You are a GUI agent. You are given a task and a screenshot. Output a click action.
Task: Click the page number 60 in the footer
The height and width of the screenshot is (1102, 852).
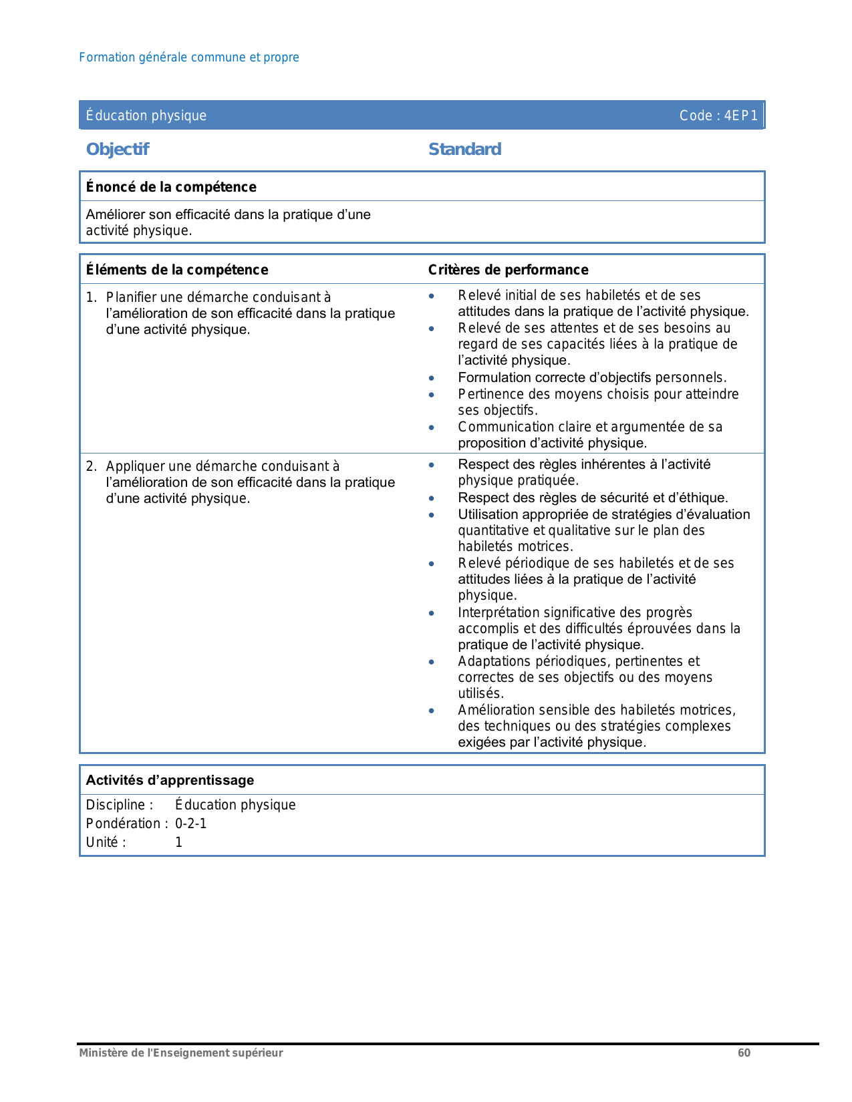[744, 1053]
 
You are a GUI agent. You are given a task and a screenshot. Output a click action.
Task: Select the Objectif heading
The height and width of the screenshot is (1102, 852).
[118, 150]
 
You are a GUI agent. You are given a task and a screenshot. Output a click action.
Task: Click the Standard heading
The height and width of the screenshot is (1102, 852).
[464, 150]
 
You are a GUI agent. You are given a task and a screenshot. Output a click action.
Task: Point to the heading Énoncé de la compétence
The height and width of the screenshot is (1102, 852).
[171, 187]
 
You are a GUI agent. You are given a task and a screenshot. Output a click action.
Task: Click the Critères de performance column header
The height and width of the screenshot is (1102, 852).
[508, 270]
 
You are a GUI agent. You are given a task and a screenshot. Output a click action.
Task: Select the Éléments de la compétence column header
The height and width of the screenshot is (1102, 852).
[177, 270]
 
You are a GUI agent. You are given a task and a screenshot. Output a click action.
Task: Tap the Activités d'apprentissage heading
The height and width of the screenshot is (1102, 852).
[170, 780]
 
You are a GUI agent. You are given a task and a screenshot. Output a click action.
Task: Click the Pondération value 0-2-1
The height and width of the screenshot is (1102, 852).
[191, 823]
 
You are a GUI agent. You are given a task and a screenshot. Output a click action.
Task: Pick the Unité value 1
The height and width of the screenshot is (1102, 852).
[178, 842]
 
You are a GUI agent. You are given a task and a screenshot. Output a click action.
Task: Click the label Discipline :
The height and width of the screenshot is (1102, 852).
[120, 805]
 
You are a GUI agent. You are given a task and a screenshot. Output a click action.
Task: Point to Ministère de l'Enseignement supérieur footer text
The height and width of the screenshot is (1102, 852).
[181, 1053]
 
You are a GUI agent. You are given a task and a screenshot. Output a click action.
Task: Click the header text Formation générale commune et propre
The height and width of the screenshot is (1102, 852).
[189, 57]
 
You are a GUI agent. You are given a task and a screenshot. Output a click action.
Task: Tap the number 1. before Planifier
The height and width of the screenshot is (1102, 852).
[92, 297]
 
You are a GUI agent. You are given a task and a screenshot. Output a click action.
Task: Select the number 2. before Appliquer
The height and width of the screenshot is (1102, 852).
[92, 466]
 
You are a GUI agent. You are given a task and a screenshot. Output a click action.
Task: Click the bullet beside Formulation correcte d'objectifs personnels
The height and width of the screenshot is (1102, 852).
[432, 378]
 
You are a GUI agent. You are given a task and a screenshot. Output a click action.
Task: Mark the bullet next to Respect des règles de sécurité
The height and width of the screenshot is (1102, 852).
[432, 498]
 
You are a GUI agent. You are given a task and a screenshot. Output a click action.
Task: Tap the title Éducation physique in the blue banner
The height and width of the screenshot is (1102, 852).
[146, 116]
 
